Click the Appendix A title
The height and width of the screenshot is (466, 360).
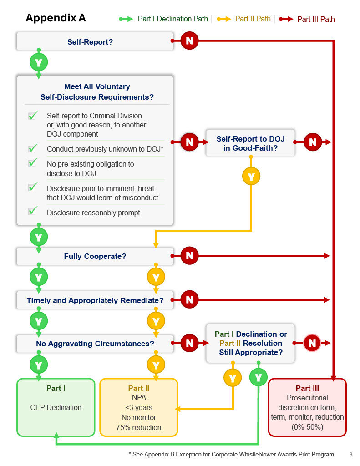(x=56, y=18)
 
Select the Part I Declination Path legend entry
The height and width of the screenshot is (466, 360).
(x=163, y=19)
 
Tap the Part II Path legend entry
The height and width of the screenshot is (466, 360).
(x=244, y=19)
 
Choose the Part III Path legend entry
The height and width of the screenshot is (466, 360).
(x=307, y=19)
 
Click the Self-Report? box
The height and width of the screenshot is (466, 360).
(x=95, y=41)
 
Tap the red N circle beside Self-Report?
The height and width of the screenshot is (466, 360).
(x=189, y=41)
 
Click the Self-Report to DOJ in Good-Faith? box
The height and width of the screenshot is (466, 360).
(x=250, y=143)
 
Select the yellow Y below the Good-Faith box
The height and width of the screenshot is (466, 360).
(x=251, y=176)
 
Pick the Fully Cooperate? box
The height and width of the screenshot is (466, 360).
(x=95, y=256)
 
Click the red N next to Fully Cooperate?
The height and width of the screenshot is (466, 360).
(x=189, y=256)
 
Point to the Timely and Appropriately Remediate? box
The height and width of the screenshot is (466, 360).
(x=95, y=300)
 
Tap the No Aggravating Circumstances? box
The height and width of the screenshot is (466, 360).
(x=95, y=344)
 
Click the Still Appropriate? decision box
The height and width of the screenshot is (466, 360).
(x=250, y=343)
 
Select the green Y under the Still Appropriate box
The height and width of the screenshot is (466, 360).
(x=259, y=378)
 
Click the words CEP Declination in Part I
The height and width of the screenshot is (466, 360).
(x=56, y=407)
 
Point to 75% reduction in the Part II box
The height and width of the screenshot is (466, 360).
(x=138, y=427)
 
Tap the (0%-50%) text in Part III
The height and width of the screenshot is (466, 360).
(x=307, y=427)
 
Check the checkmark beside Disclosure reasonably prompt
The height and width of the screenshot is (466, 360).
(x=33, y=210)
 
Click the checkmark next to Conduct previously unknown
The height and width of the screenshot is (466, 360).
(x=33, y=148)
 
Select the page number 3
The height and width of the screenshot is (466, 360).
(x=351, y=455)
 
